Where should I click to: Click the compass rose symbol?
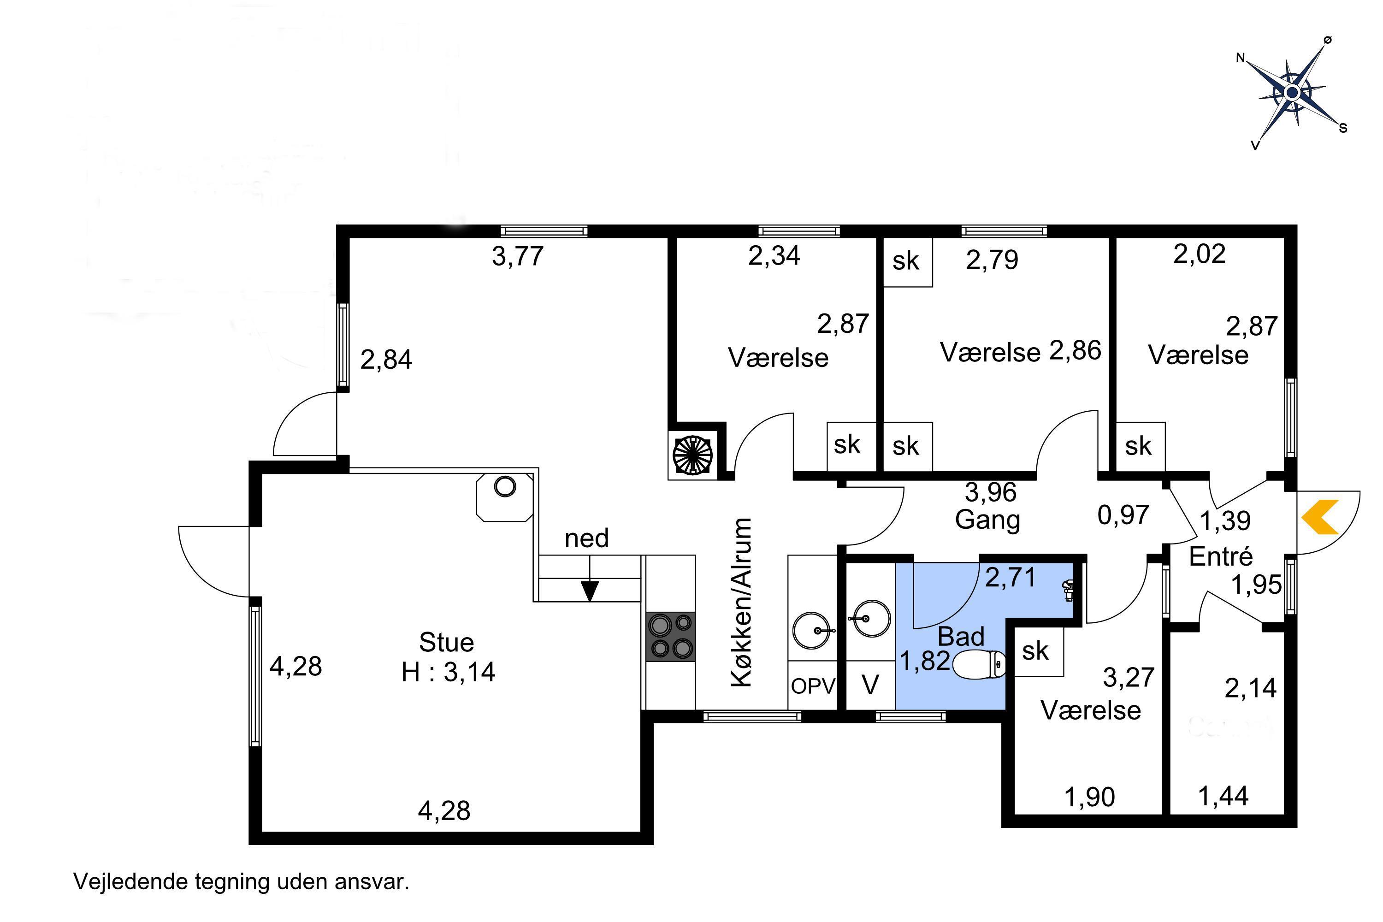click(1292, 92)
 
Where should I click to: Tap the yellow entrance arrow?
click(1320, 517)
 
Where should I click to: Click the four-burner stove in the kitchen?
click(670, 636)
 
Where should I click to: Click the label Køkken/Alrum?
click(742, 602)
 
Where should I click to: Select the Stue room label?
click(446, 642)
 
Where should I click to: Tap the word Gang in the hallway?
click(987, 520)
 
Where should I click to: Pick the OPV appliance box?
click(813, 685)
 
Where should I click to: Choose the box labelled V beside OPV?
click(870, 685)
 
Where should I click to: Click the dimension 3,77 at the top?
click(517, 256)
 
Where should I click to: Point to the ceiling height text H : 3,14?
click(448, 672)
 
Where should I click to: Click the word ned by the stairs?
click(586, 538)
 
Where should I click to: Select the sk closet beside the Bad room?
click(1039, 651)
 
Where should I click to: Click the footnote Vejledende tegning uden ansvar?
click(241, 882)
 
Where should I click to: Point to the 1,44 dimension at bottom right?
click(1223, 796)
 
